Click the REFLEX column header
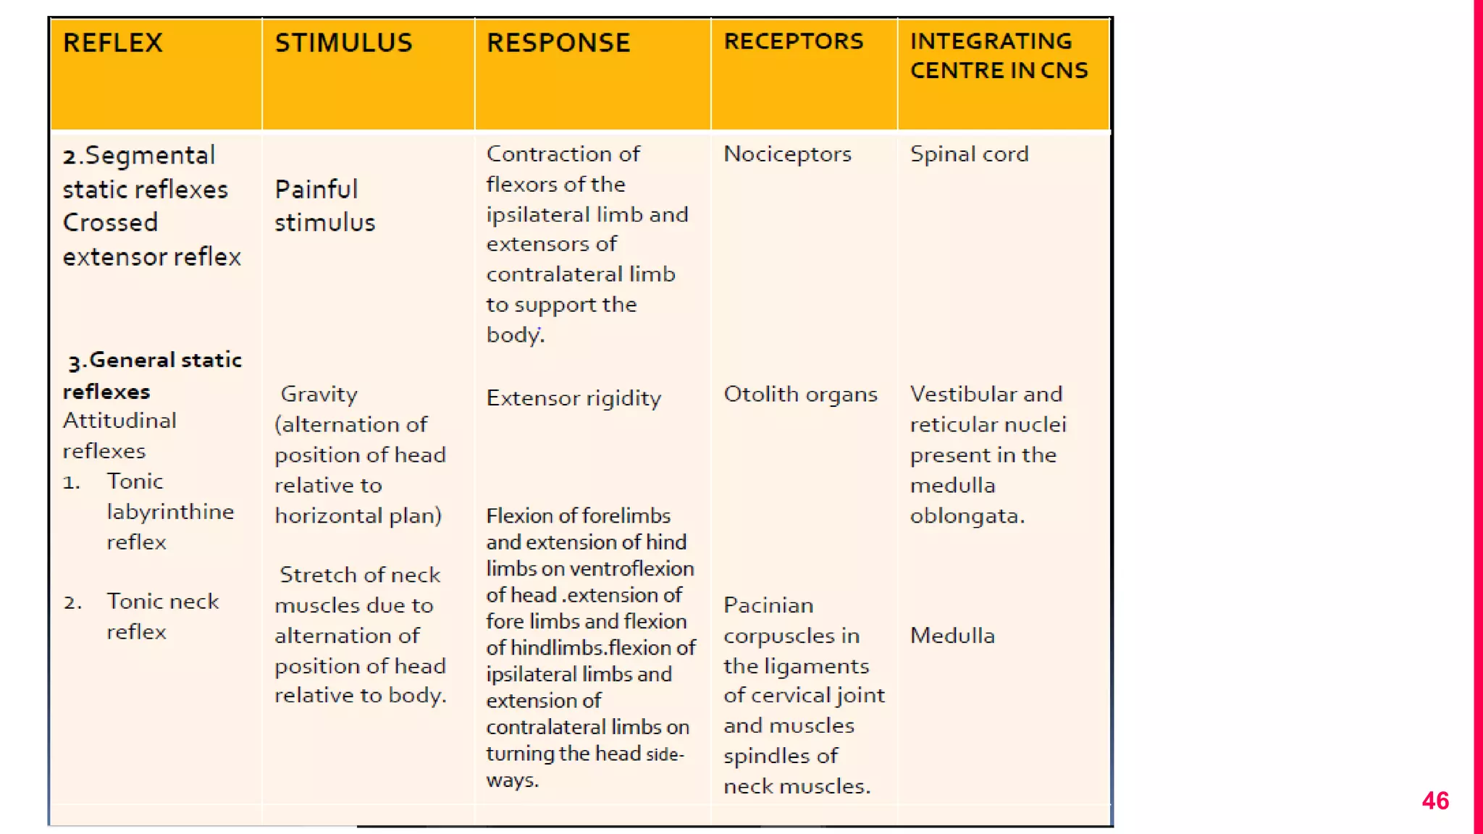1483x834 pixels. tap(113, 43)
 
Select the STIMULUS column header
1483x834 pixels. tap(343, 43)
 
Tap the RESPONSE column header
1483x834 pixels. tap(558, 43)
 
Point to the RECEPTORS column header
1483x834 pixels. tap(794, 42)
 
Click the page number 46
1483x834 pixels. tap(1434, 801)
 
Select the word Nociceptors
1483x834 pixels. tap(787, 154)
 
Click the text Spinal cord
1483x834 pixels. tap(969, 154)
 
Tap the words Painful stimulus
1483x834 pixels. tap(324, 206)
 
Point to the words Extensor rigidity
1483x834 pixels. tap(574, 398)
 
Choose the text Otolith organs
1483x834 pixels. tap(800, 395)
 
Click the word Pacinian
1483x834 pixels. tap(768, 605)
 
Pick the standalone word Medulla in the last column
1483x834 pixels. tap(952, 636)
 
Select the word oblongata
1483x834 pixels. tap(967, 516)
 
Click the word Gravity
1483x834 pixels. tap(319, 395)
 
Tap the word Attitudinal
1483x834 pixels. tap(119, 421)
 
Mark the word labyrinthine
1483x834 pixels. tap(170, 512)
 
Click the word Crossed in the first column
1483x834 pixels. tap(110, 222)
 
